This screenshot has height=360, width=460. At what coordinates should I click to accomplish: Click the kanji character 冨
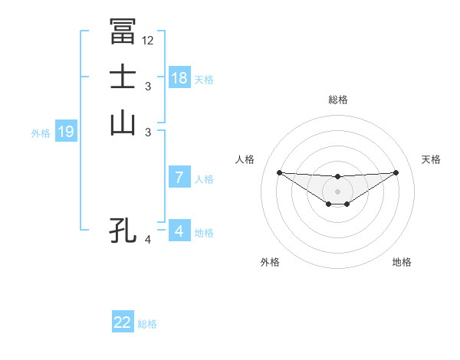(x=123, y=31)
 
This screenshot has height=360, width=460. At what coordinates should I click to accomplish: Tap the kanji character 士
(x=123, y=78)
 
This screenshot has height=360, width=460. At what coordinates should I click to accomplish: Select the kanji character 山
(x=123, y=123)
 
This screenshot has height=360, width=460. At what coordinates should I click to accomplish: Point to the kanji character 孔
(x=123, y=230)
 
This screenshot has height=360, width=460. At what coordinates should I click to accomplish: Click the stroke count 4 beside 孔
(x=148, y=240)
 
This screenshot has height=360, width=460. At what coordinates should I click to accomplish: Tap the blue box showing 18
(x=179, y=78)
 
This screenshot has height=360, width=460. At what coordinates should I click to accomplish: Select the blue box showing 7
(x=179, y=178)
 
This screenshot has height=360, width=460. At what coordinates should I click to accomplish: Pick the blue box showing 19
(x=66, y=132)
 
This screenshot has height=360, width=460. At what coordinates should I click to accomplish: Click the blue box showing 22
(x=123, y=322)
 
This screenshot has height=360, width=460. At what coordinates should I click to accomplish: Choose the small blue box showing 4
(x=179, y=231)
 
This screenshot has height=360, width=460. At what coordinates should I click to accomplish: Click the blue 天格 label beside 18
(x=204, y=79)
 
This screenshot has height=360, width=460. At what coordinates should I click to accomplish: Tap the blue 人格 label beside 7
(x=204, y=179)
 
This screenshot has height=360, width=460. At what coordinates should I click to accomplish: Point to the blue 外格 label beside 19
(x=41, y=133)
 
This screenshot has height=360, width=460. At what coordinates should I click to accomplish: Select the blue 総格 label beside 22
(x=147, y=324)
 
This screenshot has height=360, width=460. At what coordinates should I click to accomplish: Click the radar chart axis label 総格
(x=337, y=100)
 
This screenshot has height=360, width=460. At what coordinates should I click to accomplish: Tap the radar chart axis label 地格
(x=402, y=263)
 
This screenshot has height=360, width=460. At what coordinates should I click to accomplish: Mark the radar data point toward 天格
(x=396, y=172)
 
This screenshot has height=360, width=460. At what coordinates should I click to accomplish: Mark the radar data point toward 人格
(x=279, y=172)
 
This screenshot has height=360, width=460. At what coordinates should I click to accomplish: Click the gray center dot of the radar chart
(x=337, y=191)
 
